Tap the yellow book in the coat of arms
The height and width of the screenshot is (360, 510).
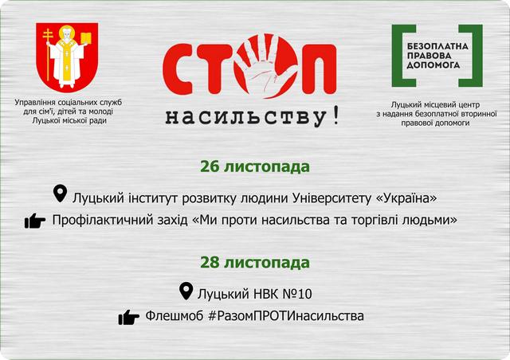[x=85, y=38]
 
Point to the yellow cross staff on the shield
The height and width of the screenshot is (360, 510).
[x=48, y=53]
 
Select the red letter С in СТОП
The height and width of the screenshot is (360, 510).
[x=178, y=69]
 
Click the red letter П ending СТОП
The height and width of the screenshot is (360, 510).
[x=319, y=69]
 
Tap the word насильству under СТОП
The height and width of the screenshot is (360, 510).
[x=245, y=117]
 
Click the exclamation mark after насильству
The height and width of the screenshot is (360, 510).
[x=336, y=115]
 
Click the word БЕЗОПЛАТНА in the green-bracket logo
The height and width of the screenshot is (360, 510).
[x=437, y=46]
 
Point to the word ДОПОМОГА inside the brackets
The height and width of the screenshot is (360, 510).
[x=433, y=65]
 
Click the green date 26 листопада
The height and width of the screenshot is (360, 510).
[x=255, y=166]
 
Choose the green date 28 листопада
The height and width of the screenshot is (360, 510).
[x=255, y=263]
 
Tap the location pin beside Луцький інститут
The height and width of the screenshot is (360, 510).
[x=61, y=194]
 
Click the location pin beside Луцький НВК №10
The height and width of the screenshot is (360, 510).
[x=186, y=291]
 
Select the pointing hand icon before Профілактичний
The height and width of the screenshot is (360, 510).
[x=35, y=221]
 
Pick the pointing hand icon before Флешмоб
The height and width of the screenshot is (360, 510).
[x=129, y=317]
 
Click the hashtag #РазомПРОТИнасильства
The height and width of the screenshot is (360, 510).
[x=286, y=315]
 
